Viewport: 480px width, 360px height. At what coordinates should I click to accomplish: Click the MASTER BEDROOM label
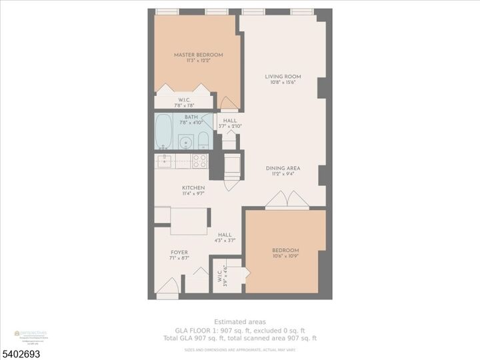(x=198, y=55)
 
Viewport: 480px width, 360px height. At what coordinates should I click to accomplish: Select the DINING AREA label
(x=280, y=168)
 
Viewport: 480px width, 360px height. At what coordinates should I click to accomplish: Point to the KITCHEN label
(x=193, y=188)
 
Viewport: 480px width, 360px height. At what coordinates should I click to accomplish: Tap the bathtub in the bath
(x=163, y=132)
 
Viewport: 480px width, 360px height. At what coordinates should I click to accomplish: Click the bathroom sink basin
(x=184, y=141)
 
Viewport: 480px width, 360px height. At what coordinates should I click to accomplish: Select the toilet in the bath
(x=203, y=141)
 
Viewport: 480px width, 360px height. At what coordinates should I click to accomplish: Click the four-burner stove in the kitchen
(x=199, y=161)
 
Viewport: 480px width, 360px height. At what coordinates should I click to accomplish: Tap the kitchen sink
(x=164, y=161)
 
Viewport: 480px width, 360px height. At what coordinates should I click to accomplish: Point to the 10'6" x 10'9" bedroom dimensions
(x=285, y=257)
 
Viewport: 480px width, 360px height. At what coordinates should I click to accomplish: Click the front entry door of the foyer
(x=167, y=287)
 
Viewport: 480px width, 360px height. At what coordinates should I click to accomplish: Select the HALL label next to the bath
(x=230, y=121)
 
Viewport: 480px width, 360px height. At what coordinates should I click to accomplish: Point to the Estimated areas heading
(x=240, y=321)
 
